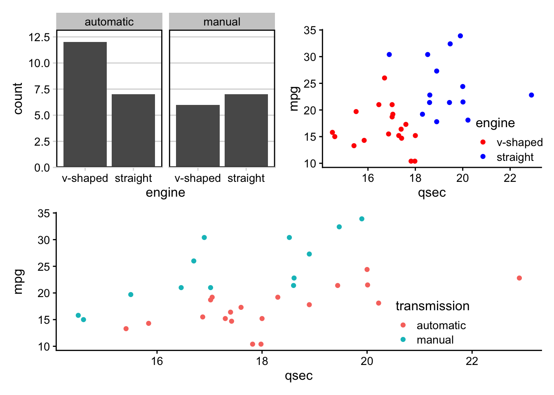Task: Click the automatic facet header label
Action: tap(109, 22)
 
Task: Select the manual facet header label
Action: tap(222, 22)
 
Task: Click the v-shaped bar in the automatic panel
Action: tap(85, 104)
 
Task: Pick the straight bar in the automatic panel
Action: tap(133, 130)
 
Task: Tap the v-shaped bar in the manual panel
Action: tap(198, 136)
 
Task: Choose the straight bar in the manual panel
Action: tap(246, 130)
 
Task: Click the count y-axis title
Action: tap(18, 99)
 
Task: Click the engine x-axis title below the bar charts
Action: tap(165, 193)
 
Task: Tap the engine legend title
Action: tap(495, 123)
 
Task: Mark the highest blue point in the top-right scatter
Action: tap(460, 36)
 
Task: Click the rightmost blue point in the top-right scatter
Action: tap(531, 95)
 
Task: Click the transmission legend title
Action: tap(432, 306)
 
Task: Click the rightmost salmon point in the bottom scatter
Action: tap(519, 278)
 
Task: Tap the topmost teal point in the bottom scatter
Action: tap(362, 219)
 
